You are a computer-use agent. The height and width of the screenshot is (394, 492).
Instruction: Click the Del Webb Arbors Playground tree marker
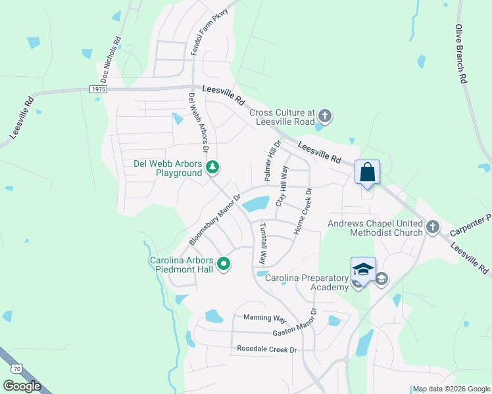(x=212, y=169)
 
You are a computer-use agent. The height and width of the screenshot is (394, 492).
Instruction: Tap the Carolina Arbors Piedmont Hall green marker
(x=224, y=265)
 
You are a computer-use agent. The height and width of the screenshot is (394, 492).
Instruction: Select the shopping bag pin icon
(x=368, y=173)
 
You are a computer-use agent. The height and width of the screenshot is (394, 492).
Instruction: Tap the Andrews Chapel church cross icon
(x=432, y=227)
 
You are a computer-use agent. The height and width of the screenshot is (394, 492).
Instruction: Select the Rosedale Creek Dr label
(x=267, y=349)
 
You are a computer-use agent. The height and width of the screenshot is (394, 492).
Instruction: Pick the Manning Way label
(x=264, y=318)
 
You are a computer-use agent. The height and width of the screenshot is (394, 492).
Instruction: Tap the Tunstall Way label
(x=262, y=243)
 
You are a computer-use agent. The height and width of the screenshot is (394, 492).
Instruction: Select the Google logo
(x=22, y=386)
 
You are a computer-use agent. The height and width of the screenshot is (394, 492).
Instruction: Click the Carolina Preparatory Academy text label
(x=307, y=282)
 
